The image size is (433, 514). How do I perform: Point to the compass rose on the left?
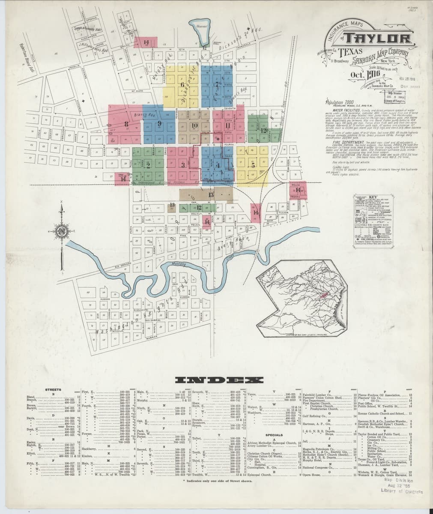click(x=63, y=233)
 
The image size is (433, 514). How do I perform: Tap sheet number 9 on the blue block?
click(x=159, y=124)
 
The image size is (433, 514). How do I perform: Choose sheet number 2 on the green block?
click(x=148, y=164)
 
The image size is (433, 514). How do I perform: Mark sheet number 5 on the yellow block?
click(x=242, y=164)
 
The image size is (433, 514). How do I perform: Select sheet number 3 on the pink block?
click(x=182, y=165)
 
